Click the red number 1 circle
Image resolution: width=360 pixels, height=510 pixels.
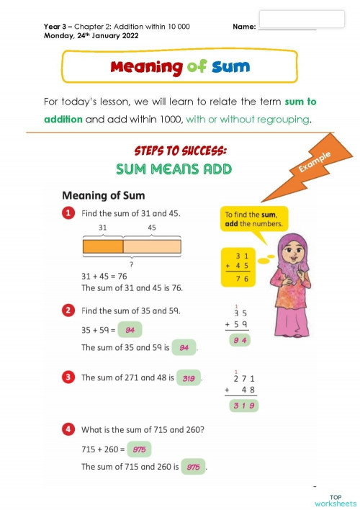pyautogui.click(x=68, y=214)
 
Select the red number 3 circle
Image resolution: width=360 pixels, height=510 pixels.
pyautogui.click(x=68, y=377)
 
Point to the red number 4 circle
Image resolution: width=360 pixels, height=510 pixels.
pyautogui.click(x=68, y=430)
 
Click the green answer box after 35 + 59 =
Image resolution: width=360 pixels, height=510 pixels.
pyautogui.click(x=130, y=330)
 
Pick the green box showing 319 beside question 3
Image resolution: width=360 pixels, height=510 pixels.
pyautogui.click(x=189, y=377)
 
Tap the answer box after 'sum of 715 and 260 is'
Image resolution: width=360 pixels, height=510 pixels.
pyautogui.click(x=193, y=467)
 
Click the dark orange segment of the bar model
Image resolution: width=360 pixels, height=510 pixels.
pyautogui.click(x=103, y=246)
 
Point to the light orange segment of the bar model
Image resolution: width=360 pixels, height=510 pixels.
pyautogui.click(x=152, y=246)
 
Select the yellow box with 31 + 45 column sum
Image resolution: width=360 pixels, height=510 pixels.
pyautogui.click(x=239, y=267)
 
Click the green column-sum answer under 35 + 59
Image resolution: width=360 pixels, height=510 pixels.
pyautogui.click(x=240, y=339)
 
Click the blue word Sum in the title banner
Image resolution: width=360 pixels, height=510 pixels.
pyautogui.click(x=231, y=67)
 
